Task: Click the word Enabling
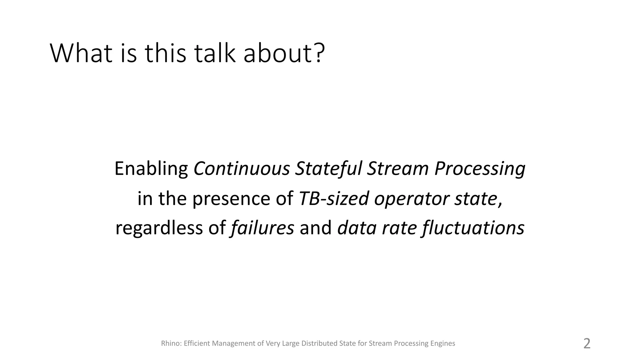click(x=151, y=169)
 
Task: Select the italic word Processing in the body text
click(x=480, y=169)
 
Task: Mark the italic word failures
click(x=262, y=228)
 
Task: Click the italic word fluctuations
click(x=473, y=228)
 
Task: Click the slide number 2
click(x=587, y=343)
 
